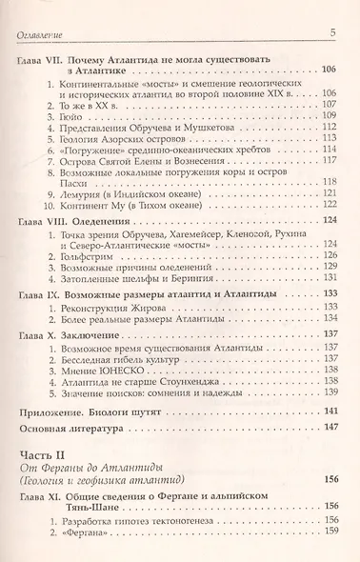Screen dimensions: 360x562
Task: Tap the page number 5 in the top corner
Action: (332, 34)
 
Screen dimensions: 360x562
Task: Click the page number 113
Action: (330, 138)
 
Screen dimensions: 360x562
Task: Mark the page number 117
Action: (330, 162)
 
